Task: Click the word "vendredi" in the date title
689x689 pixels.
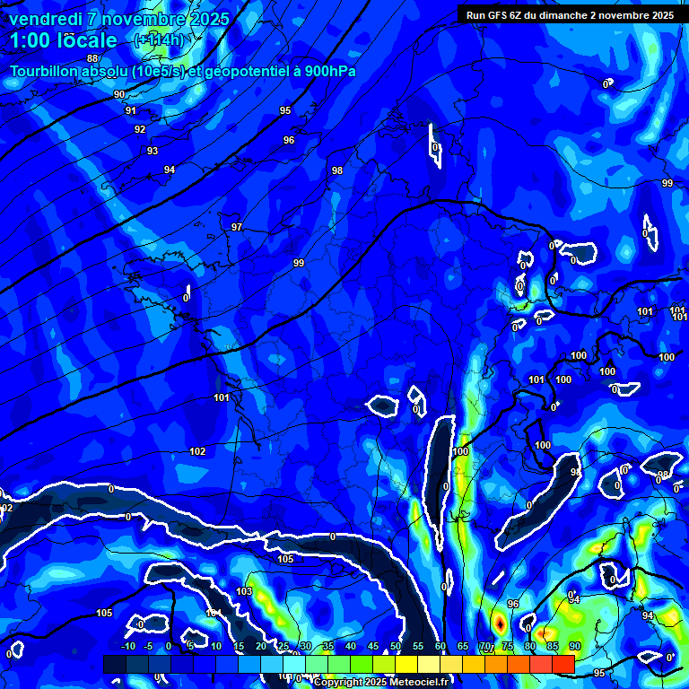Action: pyautogui.click(x=46, y=19)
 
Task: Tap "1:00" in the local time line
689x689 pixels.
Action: pyautogui.click(x=29, y=40)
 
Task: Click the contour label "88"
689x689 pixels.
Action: pyautogui.click(x=92, y=58)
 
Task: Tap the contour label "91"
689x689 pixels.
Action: pyautogui.click(x=131, y=110)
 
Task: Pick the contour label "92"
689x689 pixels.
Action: pyautogui.click(x=140, y=129)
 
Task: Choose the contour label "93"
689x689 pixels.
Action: pyautogui.click(x=153, y=151)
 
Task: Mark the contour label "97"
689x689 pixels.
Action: pyautogui.click(x=237, y=227)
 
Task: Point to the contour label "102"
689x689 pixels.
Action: pyautogui.click(x=197, y=451)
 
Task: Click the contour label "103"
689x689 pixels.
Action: pyautogui.click(x=244, y=592)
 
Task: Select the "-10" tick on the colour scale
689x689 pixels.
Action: pyautogui.click(x=127, y=647)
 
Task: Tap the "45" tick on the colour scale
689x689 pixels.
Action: pyautogui.click(x=372, y=647)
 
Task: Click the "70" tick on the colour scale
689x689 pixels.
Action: pyautogui.click(x=485, y=647)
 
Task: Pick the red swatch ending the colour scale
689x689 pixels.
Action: pyautogui.click(x=563, y=663)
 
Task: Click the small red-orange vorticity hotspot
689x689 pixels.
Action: pyautogui.click(x=499, y=621)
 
